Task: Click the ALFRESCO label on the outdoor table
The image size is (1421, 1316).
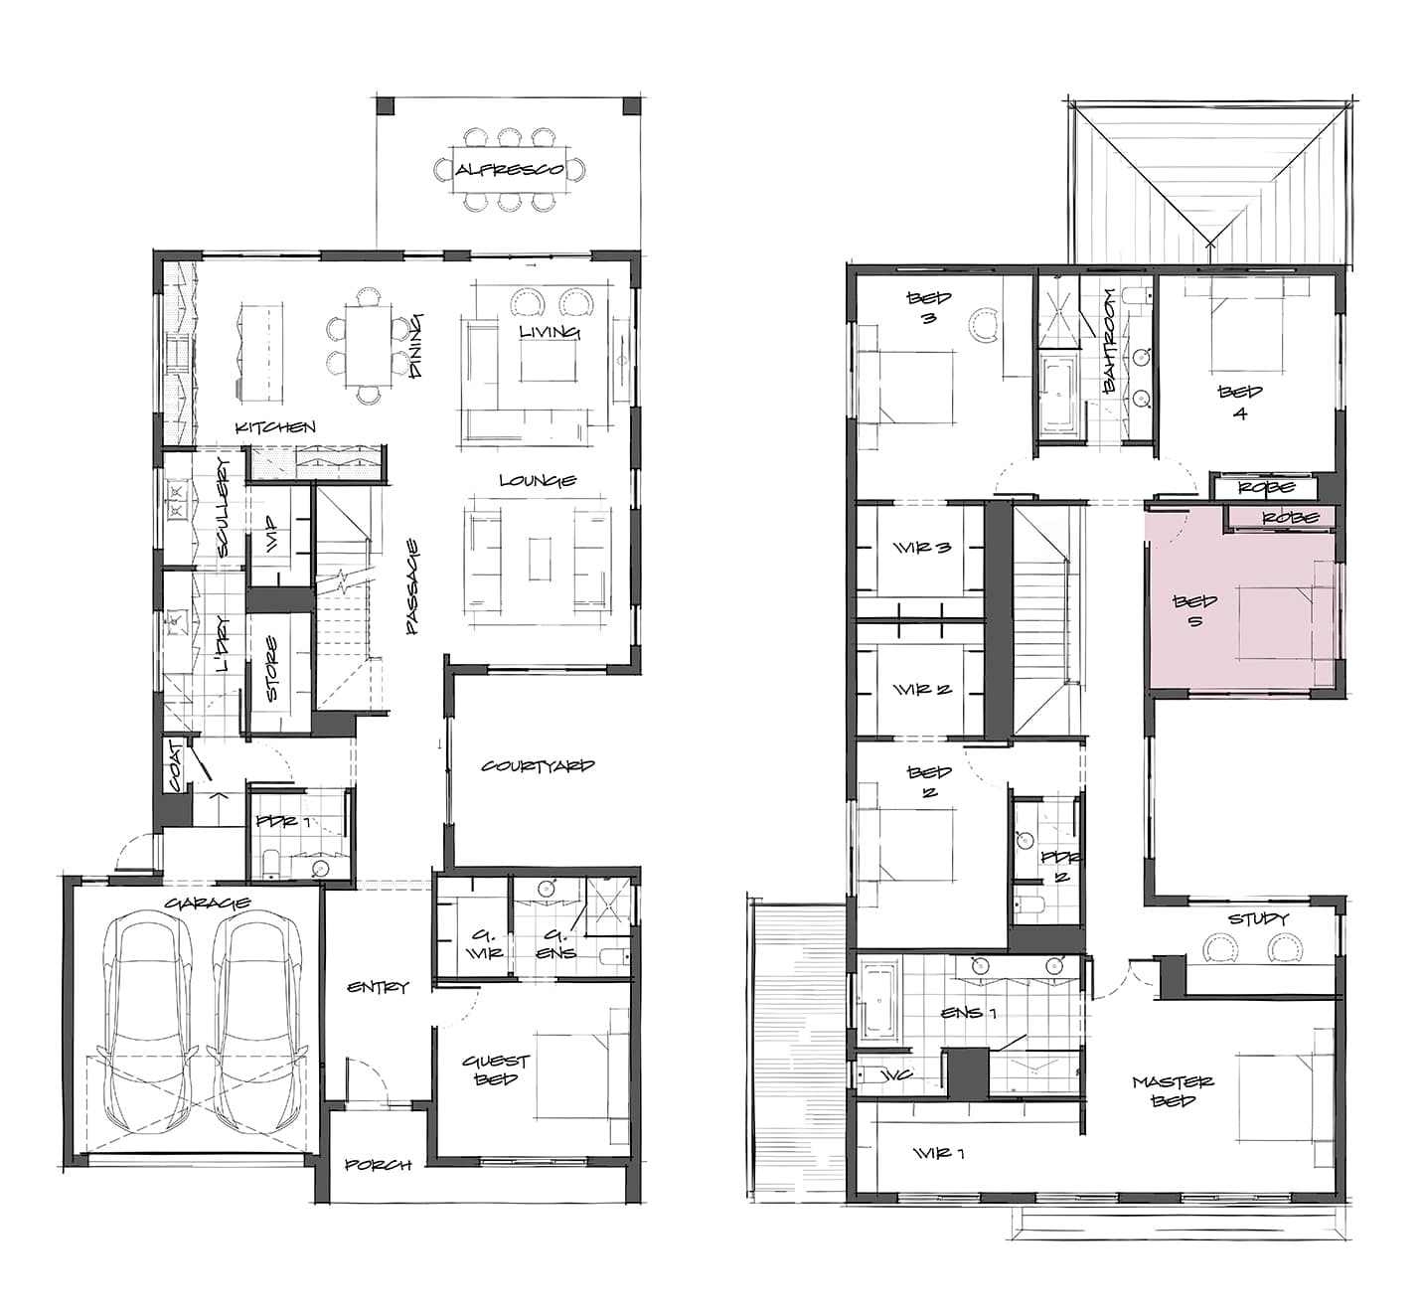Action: point(510,170)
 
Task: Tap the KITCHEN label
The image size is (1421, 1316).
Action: point(275,427)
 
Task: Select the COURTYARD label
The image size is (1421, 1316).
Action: point(538,766)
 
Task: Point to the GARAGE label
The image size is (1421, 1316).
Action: point(208,903)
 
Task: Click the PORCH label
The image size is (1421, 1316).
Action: point(379,1165)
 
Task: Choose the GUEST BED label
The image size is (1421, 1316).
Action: point(496,1069)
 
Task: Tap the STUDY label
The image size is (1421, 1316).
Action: point(1258,918)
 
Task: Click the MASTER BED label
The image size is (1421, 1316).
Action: point(1174,1091)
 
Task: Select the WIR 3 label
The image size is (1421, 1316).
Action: point(922,548)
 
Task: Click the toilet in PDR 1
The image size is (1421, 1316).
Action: point(270,862)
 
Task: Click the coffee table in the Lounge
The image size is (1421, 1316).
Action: point(541,560)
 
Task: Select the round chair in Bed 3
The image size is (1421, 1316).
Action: point(984,324)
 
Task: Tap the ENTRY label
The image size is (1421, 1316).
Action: point(378,987)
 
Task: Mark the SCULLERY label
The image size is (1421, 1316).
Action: point(224,507)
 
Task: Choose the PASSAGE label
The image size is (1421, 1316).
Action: point(412,586)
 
